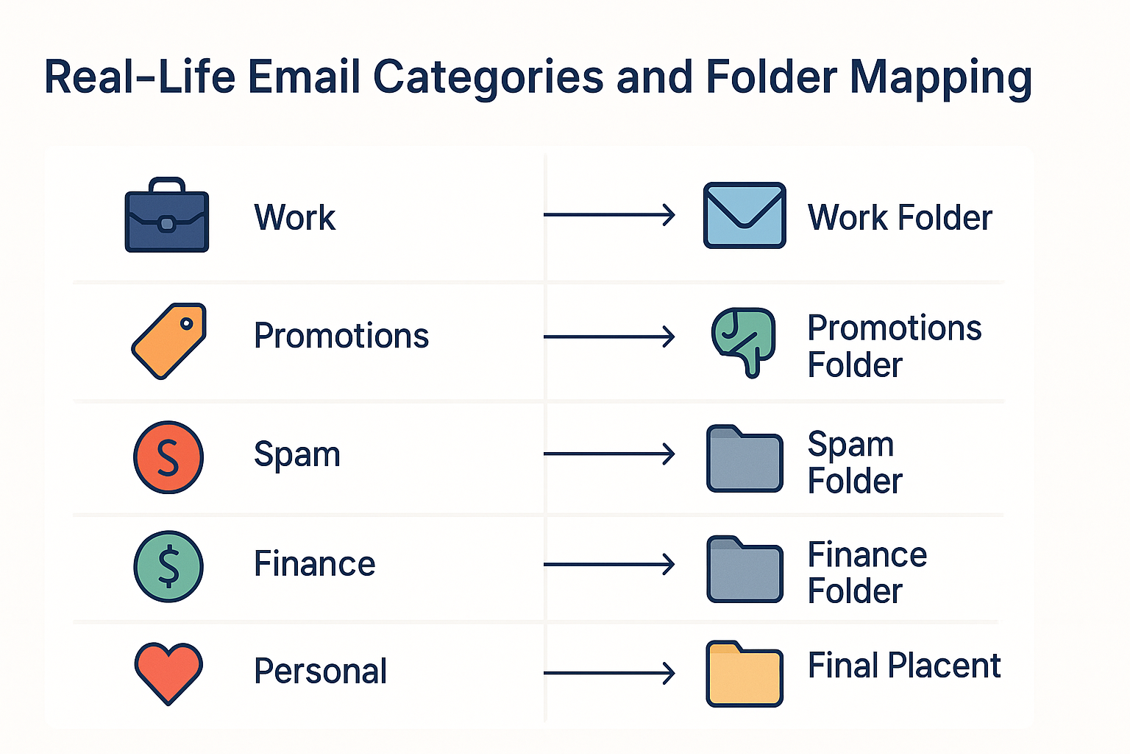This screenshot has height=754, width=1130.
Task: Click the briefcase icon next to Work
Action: point(167,214)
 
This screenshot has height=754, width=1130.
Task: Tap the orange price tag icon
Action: point(169,341)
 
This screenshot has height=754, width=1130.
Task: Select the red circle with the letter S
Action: point(168,457)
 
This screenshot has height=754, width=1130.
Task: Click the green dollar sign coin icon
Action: point(168,566)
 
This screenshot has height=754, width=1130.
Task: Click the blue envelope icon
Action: point(745,215)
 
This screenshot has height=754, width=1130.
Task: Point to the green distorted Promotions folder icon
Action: point(743,342)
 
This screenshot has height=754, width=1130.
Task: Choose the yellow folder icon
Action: point(745,674)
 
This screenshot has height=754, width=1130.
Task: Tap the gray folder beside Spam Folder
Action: point(745,459)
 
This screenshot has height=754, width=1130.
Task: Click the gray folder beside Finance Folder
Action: point(745,569)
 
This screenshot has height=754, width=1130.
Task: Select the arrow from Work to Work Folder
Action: point(609,214)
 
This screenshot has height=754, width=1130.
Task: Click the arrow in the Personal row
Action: point(609,673)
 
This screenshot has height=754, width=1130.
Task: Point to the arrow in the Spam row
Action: point(609,454)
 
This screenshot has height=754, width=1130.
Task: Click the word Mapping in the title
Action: point(942,78)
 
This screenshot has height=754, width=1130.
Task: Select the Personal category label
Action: point(320,672)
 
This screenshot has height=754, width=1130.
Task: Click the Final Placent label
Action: point(904,665)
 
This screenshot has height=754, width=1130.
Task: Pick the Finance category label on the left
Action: point(315,563)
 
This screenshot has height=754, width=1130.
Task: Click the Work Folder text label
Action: point(900,217)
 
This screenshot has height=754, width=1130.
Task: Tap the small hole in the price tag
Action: point(187,324)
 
